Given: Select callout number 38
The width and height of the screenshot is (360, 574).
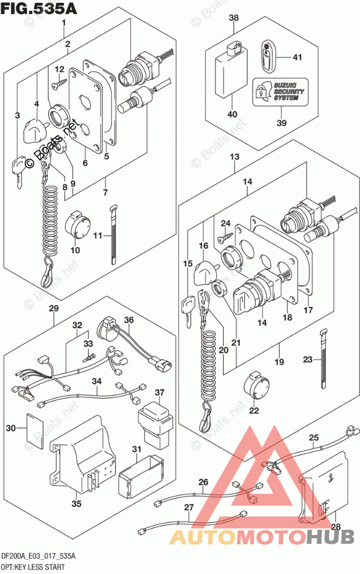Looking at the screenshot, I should coord(233,18).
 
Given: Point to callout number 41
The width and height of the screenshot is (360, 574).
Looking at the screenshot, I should coord(298,57).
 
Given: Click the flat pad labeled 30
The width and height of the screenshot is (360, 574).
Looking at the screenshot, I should coord(35,428).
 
